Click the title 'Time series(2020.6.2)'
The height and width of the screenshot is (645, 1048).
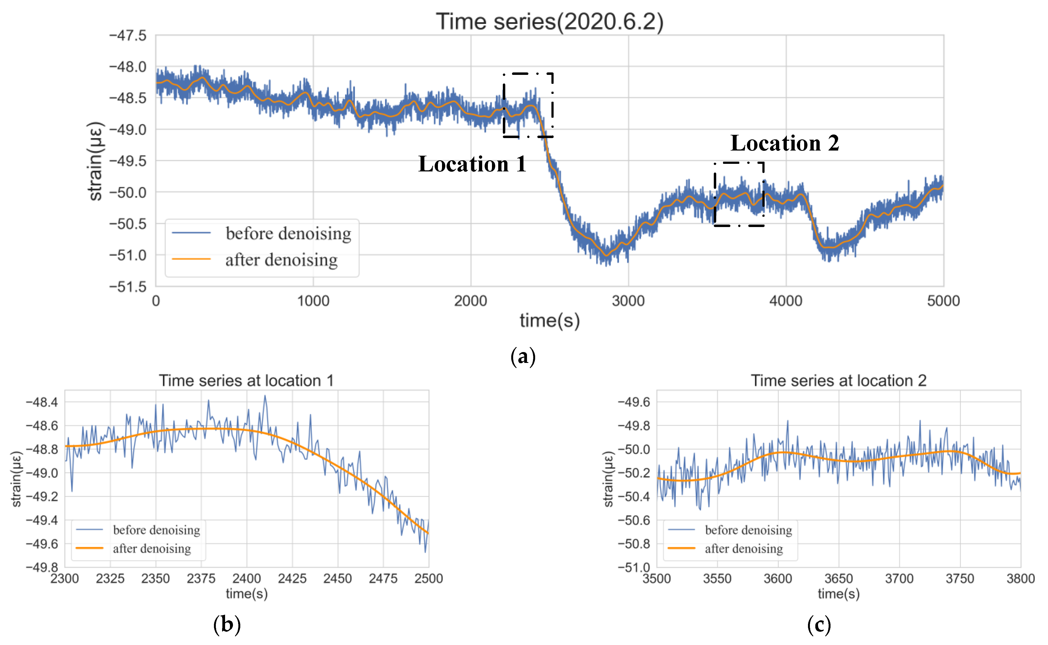tap(550, 21)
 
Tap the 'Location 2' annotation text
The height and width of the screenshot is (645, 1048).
tap(785, 143)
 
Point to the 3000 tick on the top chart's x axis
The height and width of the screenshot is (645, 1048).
tap(628, 301)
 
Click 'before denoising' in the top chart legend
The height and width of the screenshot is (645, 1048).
tap(288, 233)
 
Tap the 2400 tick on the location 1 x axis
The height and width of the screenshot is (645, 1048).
tap(246, 579)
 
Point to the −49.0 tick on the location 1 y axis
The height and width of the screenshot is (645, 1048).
tap(42, 473)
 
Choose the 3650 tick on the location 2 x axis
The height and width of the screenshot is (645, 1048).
tap(838, 579)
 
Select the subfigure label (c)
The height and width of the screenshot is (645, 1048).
tap(819, 625)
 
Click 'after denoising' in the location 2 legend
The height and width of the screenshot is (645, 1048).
tap(744, 549)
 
